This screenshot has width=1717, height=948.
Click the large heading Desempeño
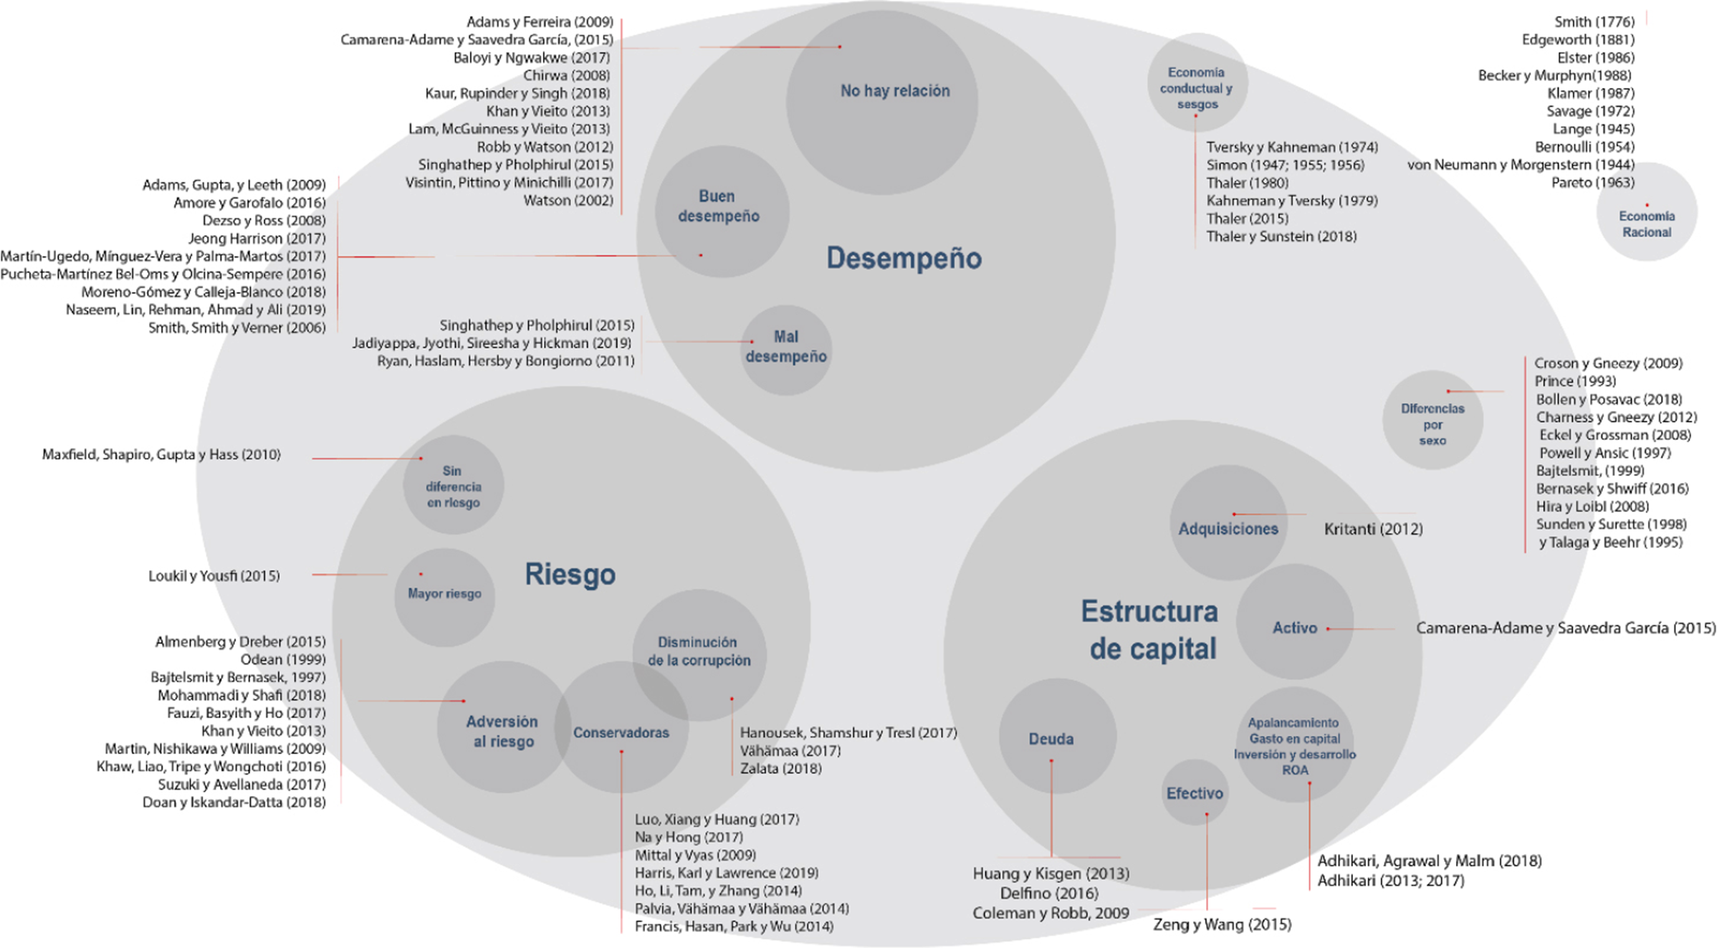pyautogui.click(x=903, y=258)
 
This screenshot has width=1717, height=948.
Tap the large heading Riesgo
pyautogui.click(x=570, y=574)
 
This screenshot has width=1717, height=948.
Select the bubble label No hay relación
pyautogui.click(x=894, y=90)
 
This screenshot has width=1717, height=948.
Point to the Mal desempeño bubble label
pyautogui.click(x=786, y=346)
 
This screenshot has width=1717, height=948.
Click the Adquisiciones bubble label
pyautogui.click(x=1228, y=529)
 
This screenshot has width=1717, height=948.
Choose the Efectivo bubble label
pyautogui.click(x=1195, y=793)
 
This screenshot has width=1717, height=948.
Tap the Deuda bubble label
pyautogui.click(x=1051, y=739)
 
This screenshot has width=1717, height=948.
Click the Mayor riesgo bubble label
pyautogui.click(x=444, y=593)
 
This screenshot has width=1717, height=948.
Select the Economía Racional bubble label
pyautogui.click(x=1647, y=224)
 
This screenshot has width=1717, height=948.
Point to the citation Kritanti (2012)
pyautogui.click(x=1373, y=529)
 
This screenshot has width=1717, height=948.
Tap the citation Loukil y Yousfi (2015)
pyautogui.click(x=214, y=576)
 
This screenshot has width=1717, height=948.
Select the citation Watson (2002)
pyautogui.click(x=568, y=201)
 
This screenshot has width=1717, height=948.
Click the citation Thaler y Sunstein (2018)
pyautogui.click(x=1281, y=237)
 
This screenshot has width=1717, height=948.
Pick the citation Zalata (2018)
pyautogui.click(x=780, y=768)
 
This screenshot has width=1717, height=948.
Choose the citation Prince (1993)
pyautogui.click(x=1574, y=381)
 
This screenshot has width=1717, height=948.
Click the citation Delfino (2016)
pyautogui.click(x=1049, y=893)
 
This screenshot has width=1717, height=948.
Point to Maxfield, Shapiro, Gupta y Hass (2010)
pyautogui.click(x=161, y=454)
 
